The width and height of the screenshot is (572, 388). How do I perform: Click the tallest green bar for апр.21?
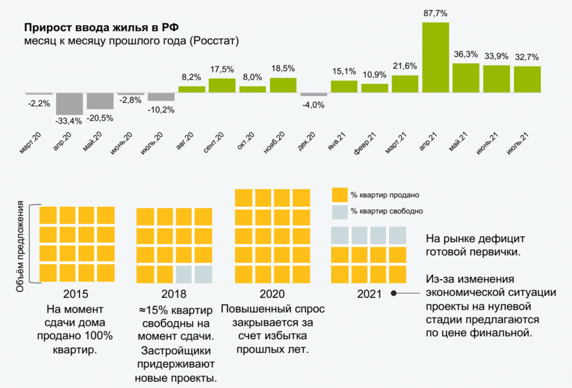(x=435, y=57)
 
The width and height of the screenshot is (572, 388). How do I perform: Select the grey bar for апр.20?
(x=69, y=104)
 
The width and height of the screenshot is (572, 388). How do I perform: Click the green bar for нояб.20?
(x=283, y=85)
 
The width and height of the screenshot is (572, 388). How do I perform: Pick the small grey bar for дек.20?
(x=313, y=94)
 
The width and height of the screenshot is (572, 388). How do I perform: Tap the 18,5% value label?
(x=283, y=69)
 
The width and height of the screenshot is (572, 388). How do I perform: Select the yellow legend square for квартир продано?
(x=339, y=195)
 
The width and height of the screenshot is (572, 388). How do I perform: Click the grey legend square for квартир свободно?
(x=339, y=212)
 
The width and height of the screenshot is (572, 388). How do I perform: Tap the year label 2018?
(x=174, y=294)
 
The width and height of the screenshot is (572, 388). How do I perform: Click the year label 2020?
(x=272, y=294)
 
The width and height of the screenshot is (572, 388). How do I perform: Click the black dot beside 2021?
(x=394, y=294)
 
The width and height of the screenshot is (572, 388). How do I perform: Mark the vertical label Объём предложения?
(x=20, y=246)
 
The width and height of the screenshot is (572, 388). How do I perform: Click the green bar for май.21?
(x=466, y=78)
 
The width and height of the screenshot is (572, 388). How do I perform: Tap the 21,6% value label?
(x=405, y=66)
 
